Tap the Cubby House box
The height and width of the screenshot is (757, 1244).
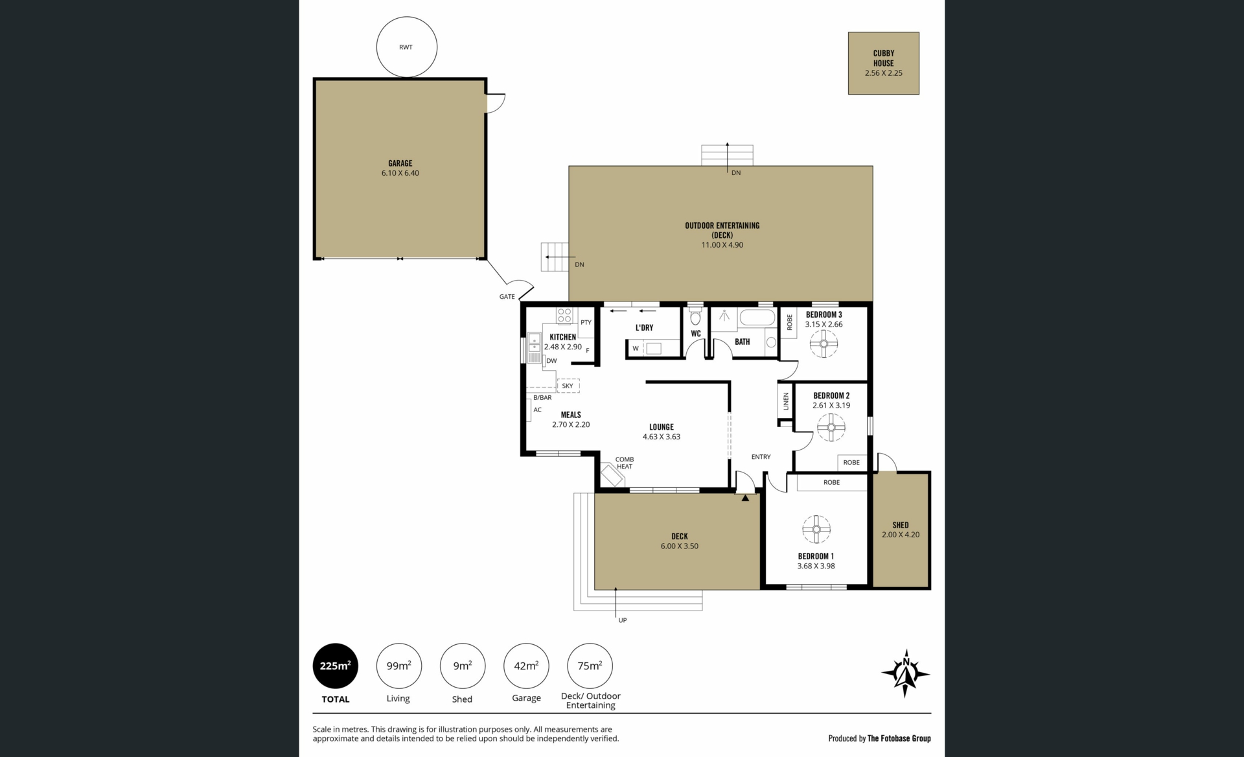coord(884,64)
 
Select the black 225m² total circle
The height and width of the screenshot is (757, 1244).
coord(336,666)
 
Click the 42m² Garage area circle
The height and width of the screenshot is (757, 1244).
coord(526,666)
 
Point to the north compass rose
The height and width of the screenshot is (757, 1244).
coord(906,673)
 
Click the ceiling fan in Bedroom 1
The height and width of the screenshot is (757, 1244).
coord(816,530)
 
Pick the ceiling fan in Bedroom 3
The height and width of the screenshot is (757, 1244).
coord(824,344)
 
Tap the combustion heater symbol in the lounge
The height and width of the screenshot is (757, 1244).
coord(612,474)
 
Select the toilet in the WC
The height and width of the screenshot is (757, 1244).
coord(696,317)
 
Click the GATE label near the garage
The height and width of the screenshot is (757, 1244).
coord(507,297)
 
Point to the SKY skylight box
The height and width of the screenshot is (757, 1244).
coord(568,386)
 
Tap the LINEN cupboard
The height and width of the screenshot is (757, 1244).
coord(786,401)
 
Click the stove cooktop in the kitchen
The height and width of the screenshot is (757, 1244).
coord(564,316)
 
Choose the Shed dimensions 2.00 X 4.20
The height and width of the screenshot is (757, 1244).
coord(901,535)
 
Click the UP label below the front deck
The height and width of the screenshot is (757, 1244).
coord(623,620)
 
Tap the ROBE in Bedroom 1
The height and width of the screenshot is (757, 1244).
coord(832,482)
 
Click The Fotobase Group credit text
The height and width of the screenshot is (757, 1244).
coord(899,738)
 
